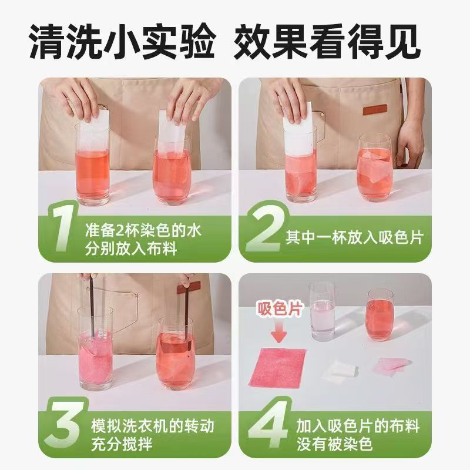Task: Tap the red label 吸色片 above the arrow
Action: (x=280, y=309)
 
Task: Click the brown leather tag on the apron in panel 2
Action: (x=374, y=110)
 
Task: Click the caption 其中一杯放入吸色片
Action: (x=354, y=238)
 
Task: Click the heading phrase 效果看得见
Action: (x=326, y=42)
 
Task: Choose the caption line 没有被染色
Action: (x=334, y=444)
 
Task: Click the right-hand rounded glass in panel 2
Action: (x=375, y=168)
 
